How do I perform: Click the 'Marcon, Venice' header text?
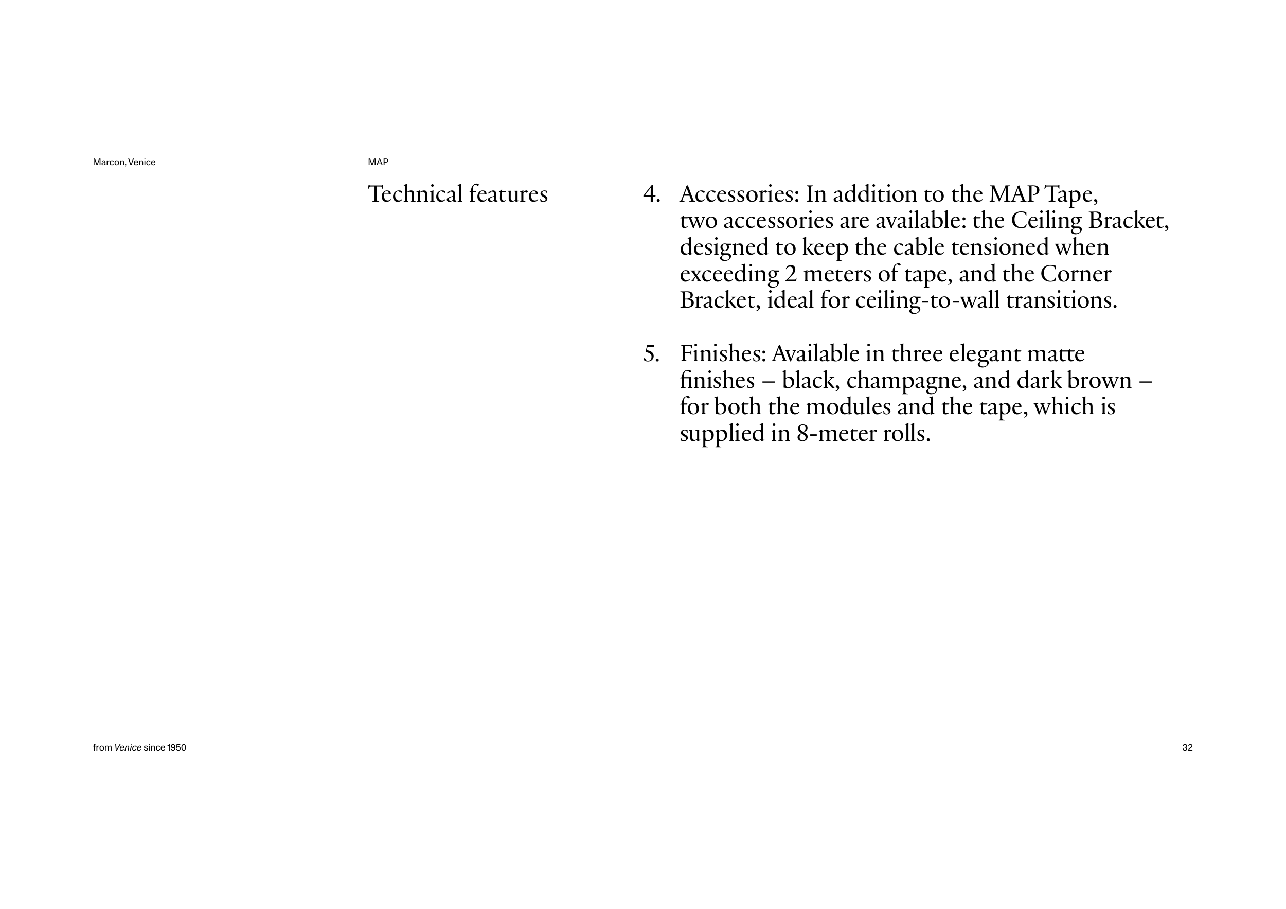[124, 163]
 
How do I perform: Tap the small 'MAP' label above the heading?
[378, 163]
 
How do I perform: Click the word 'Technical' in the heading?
[415, 194]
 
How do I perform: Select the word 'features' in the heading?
[509, 194]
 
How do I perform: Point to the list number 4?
[651, 194]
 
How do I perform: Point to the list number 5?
[651, 354]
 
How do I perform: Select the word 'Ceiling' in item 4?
[1046, 222]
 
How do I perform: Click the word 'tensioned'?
[1000, 247]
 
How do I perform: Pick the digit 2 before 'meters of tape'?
[790, 274]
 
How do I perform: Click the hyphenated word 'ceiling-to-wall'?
[927, 301]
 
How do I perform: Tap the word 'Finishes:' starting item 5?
[723, 354]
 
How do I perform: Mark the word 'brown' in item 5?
[1099, 381]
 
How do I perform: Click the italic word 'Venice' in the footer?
[128, 747]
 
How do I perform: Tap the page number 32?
[1187, 747]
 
